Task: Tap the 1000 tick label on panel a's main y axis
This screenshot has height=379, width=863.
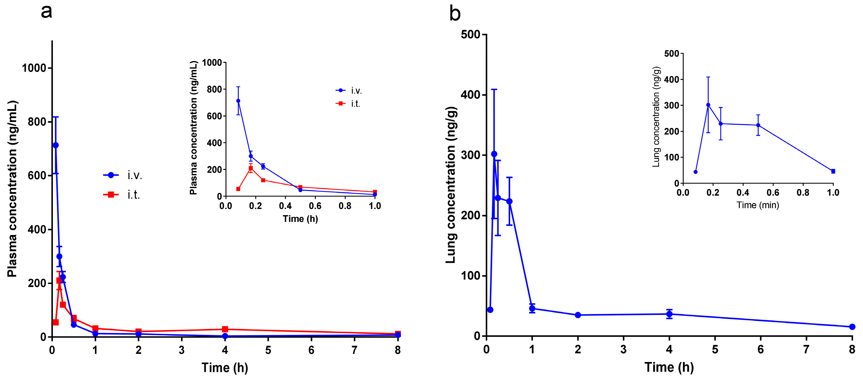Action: pos(34,68)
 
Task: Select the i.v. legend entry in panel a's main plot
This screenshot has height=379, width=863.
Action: pos(122,175)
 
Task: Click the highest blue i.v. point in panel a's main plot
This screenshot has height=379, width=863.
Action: pos(56,145)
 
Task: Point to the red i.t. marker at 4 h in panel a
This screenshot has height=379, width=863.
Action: pos(225,329)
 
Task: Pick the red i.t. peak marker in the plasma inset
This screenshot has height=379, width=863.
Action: pos(251,168)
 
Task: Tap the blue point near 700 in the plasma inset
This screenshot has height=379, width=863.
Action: pos(238,100)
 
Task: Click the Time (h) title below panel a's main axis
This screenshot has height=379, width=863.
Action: pos(224,368)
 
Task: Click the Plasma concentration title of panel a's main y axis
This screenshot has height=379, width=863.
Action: pos(12,189)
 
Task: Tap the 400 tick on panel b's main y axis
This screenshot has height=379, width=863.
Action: pos(470,95)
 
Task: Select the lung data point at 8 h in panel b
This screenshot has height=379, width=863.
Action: pos(852,327)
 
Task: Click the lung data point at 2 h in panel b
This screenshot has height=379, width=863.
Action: pos(578,315)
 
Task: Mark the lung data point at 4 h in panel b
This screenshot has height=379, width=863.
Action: pos(669,314)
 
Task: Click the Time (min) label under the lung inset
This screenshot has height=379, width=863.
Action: pos(758,205)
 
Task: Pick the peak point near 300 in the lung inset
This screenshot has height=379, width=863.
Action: pos(708,105)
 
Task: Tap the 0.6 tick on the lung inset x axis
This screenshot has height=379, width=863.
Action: pos(773,193)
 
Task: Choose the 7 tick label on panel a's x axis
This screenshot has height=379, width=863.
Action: pos(355,350)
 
